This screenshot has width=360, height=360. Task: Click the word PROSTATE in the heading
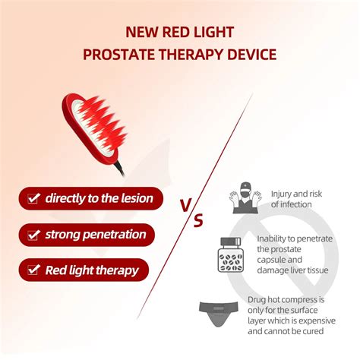pyautogui.click(x=119, y=55)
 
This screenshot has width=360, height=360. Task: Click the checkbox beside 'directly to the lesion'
pyautogui.click(x=33, y=198)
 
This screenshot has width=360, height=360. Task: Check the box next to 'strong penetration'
pyautogui.click(x=33, y=235)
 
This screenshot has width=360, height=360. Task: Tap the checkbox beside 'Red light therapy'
pyautogui.click(x=33, y=270)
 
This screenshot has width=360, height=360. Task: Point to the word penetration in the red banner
pyautogui.click(x=115, y=235)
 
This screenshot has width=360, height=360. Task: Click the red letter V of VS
pyautogui.click(x=185, y=206)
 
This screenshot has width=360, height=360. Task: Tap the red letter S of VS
pyautogui.click(x=198, y=220)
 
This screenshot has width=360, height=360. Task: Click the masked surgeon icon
pyautogui.click(x=245, y=197)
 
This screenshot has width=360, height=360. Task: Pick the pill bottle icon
pyautogui.click(x=231, y=254)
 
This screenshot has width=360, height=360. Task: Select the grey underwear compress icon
pyautogui.click(x=219, y=314)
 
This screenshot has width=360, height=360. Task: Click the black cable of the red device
pyautogui.click(x=119, y=169)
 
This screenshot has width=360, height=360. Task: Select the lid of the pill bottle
pyautogui.click(x=230, y=242)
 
